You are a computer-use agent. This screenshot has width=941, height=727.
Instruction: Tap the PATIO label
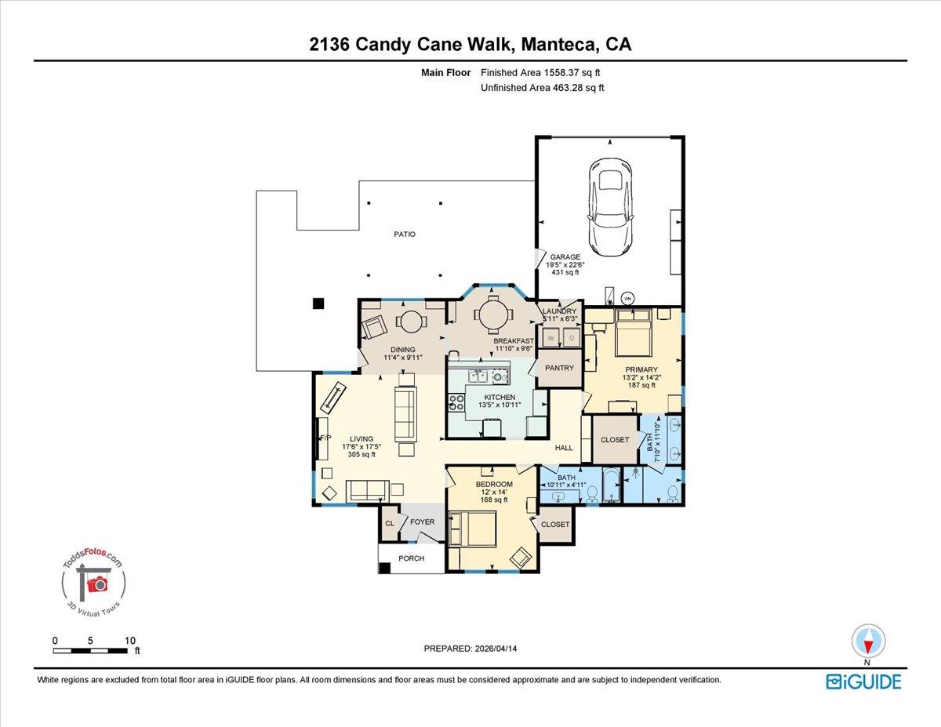point(405,234)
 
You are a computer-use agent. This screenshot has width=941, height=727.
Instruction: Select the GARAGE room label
point(565,257)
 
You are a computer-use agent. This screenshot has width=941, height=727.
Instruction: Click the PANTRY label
point(560,368)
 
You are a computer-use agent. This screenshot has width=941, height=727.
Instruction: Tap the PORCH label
point(411,558)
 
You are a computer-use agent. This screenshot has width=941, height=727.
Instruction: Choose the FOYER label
point(422,522)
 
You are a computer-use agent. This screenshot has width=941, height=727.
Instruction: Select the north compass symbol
point(867,641)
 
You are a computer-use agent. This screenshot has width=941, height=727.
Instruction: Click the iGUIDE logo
point(863,682)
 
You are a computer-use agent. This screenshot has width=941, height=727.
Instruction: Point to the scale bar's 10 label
point(129,640)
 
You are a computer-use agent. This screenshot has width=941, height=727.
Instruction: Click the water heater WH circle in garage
point(627,297)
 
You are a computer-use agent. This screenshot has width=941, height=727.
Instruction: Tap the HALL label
point(564,448)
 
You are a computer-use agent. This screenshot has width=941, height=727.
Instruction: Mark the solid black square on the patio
point(318,304)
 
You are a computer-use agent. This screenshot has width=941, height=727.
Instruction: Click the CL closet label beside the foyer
point(390,523)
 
